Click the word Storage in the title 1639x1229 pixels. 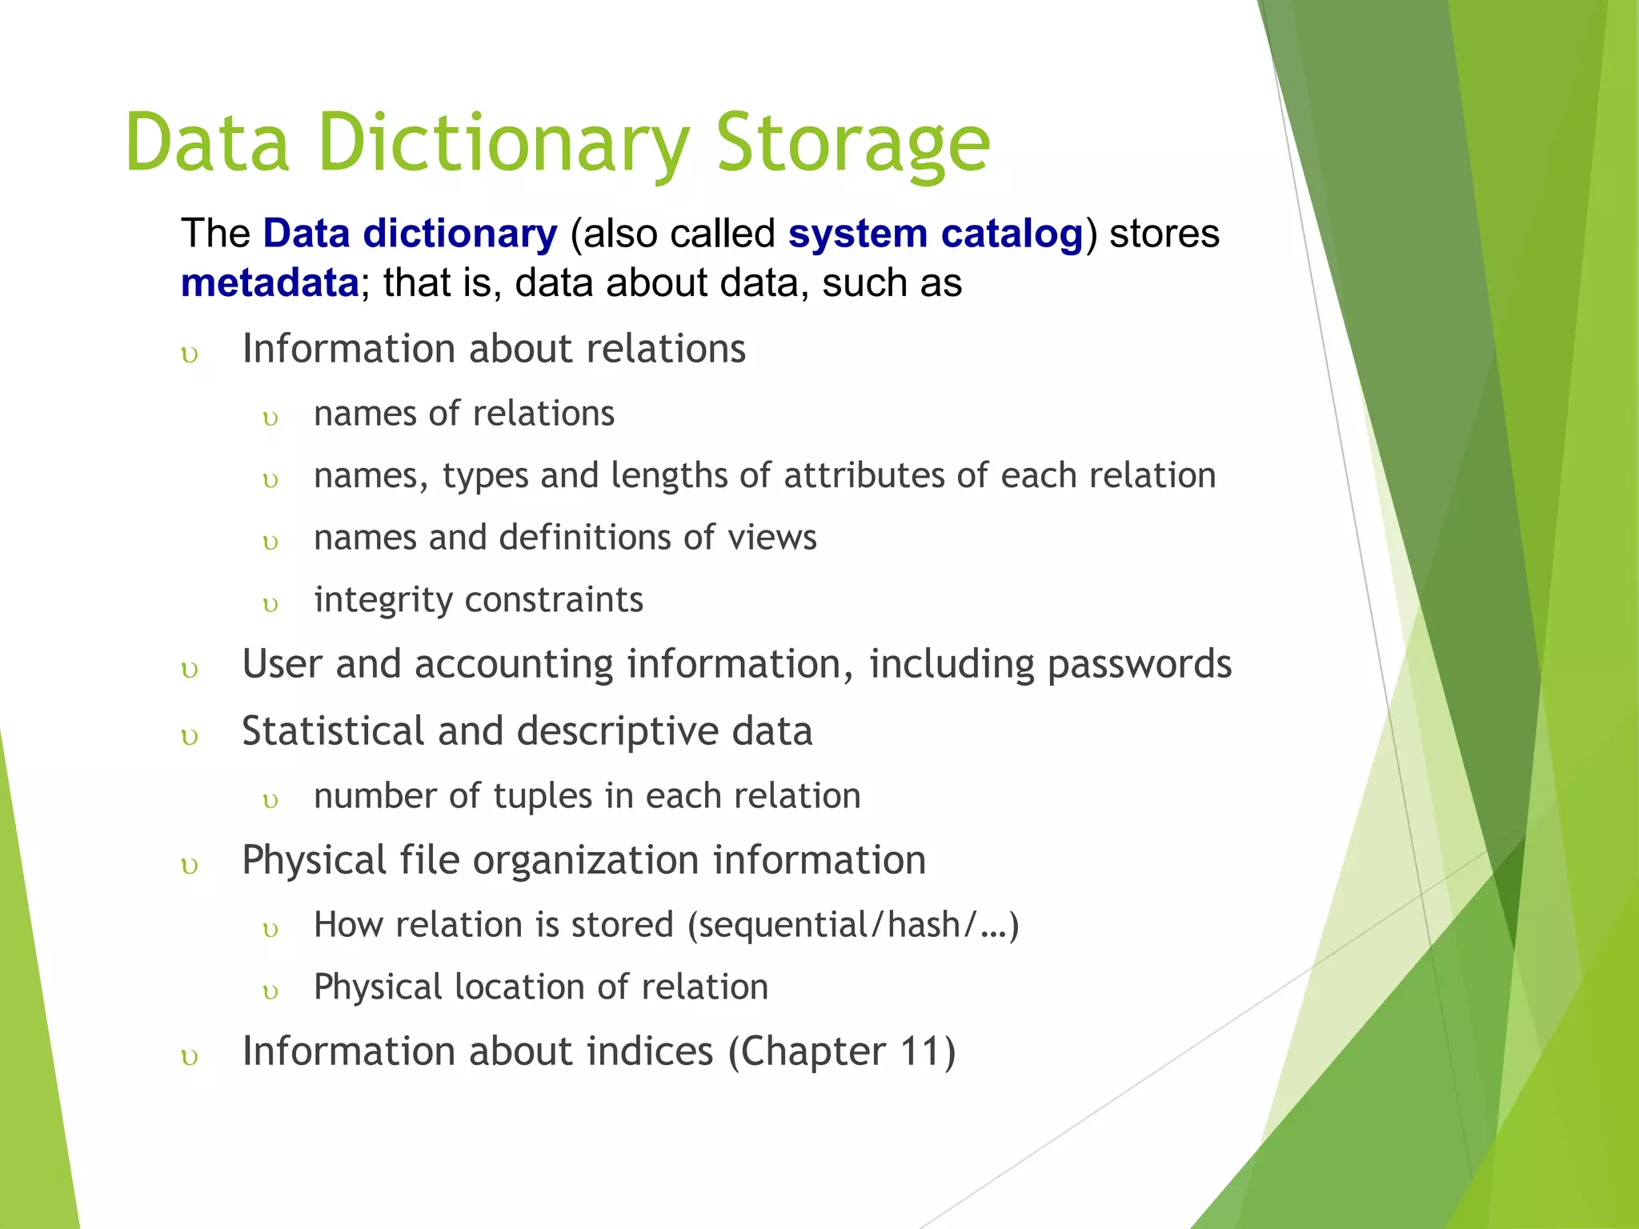(853, 144)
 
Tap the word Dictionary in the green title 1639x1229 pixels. (503, 144)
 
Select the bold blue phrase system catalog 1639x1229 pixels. (935, 234)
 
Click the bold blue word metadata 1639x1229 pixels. (270, 283)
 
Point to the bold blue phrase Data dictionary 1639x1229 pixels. (410, 234)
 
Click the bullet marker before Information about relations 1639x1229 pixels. (190, 354)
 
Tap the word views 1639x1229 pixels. (772, 537)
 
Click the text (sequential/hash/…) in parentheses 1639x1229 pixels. (853, 926)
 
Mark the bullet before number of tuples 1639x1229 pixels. (270, 801)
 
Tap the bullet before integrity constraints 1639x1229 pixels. (270, 605)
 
